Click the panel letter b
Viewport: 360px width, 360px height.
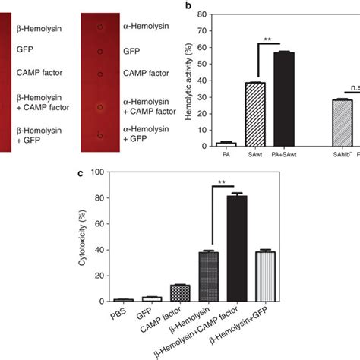(x=195, y=5)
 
